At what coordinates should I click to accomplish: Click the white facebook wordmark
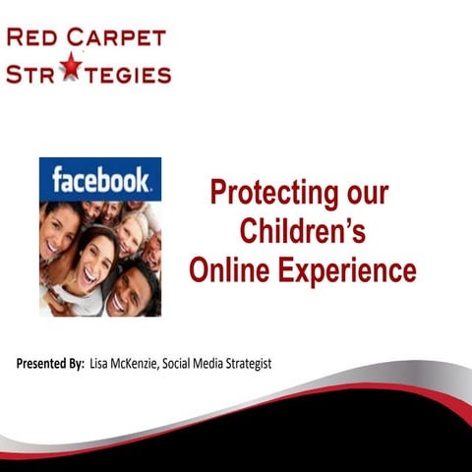click(x=99, y=180)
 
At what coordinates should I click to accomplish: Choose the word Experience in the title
click(x=352, y=269)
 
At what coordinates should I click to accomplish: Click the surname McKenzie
click(x=146, y=365)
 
